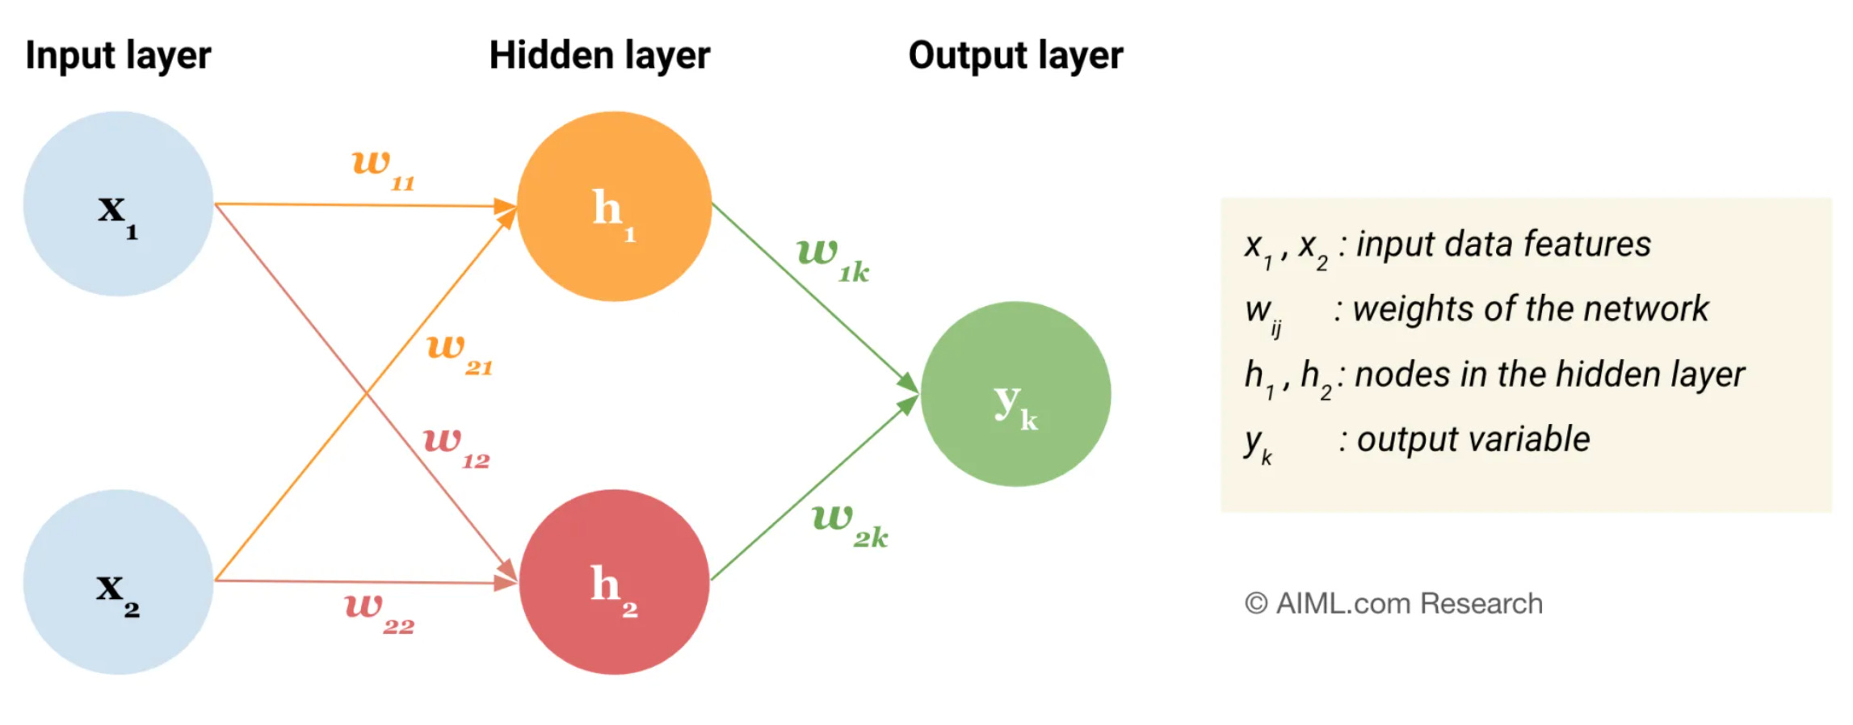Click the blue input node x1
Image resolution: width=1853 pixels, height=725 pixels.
(118, 204)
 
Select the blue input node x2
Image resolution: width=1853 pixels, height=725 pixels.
(118, 582)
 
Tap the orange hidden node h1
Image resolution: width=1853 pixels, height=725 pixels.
(614, 207)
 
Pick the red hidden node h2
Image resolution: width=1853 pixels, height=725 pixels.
(614, 582)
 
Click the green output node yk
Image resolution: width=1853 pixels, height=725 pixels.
(1015, 394)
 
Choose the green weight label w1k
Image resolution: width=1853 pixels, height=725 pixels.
(833, 258)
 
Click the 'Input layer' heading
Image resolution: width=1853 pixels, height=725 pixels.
(118, 56)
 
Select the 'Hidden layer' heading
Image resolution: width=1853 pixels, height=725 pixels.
(599, 56)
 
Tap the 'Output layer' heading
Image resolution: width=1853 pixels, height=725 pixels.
(1015, 56)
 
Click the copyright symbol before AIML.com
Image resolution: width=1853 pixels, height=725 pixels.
(1256, 604)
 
